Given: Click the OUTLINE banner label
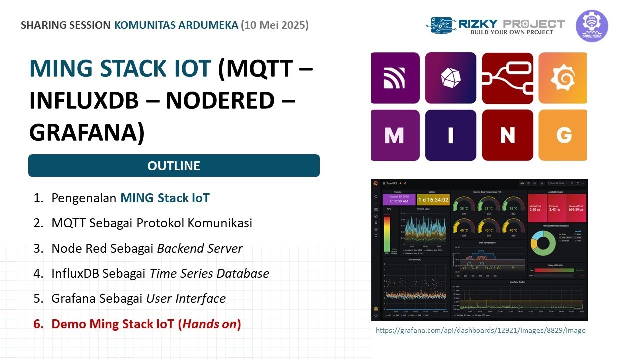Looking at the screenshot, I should click(x=174, y=166).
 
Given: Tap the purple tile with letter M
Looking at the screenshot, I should click(x=395, y=135).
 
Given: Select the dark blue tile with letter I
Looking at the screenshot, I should click(x=450, y=135).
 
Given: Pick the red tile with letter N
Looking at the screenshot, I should click(x=507, y=135).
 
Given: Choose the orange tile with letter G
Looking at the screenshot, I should click(x=563, y=135).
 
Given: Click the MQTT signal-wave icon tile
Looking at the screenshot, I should click(x=395, y=78).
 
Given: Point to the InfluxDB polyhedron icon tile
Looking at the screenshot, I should click(x=450, y=78).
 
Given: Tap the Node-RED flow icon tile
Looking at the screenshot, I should click(x=507, y=78).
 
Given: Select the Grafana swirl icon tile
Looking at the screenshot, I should click(x=563, y=78).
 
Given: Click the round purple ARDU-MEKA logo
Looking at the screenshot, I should click(x=592, y=26).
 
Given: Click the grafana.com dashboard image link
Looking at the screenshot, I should click(x=480, y=330).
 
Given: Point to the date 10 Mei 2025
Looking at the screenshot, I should click(x=274, y=25).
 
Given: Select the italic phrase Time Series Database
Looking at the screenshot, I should click(x=209, y=274).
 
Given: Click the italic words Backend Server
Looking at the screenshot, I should click(x=200, y=248).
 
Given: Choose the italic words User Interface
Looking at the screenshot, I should click(x=186, y=299).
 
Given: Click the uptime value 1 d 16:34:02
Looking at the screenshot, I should click(x=433, y=200).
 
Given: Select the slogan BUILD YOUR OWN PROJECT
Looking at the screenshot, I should click(x=512, y=32).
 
